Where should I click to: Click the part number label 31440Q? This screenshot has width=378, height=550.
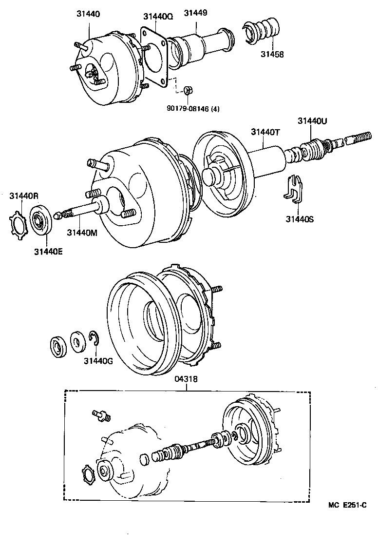point(158,16)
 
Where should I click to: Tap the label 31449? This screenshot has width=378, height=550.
point(196,13)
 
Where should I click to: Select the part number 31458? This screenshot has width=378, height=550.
point(271,55)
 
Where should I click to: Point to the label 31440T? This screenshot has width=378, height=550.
point(265,132)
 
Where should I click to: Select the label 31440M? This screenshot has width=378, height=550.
point(82,233)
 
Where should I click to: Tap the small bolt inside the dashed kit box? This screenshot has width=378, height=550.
point(101,414)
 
